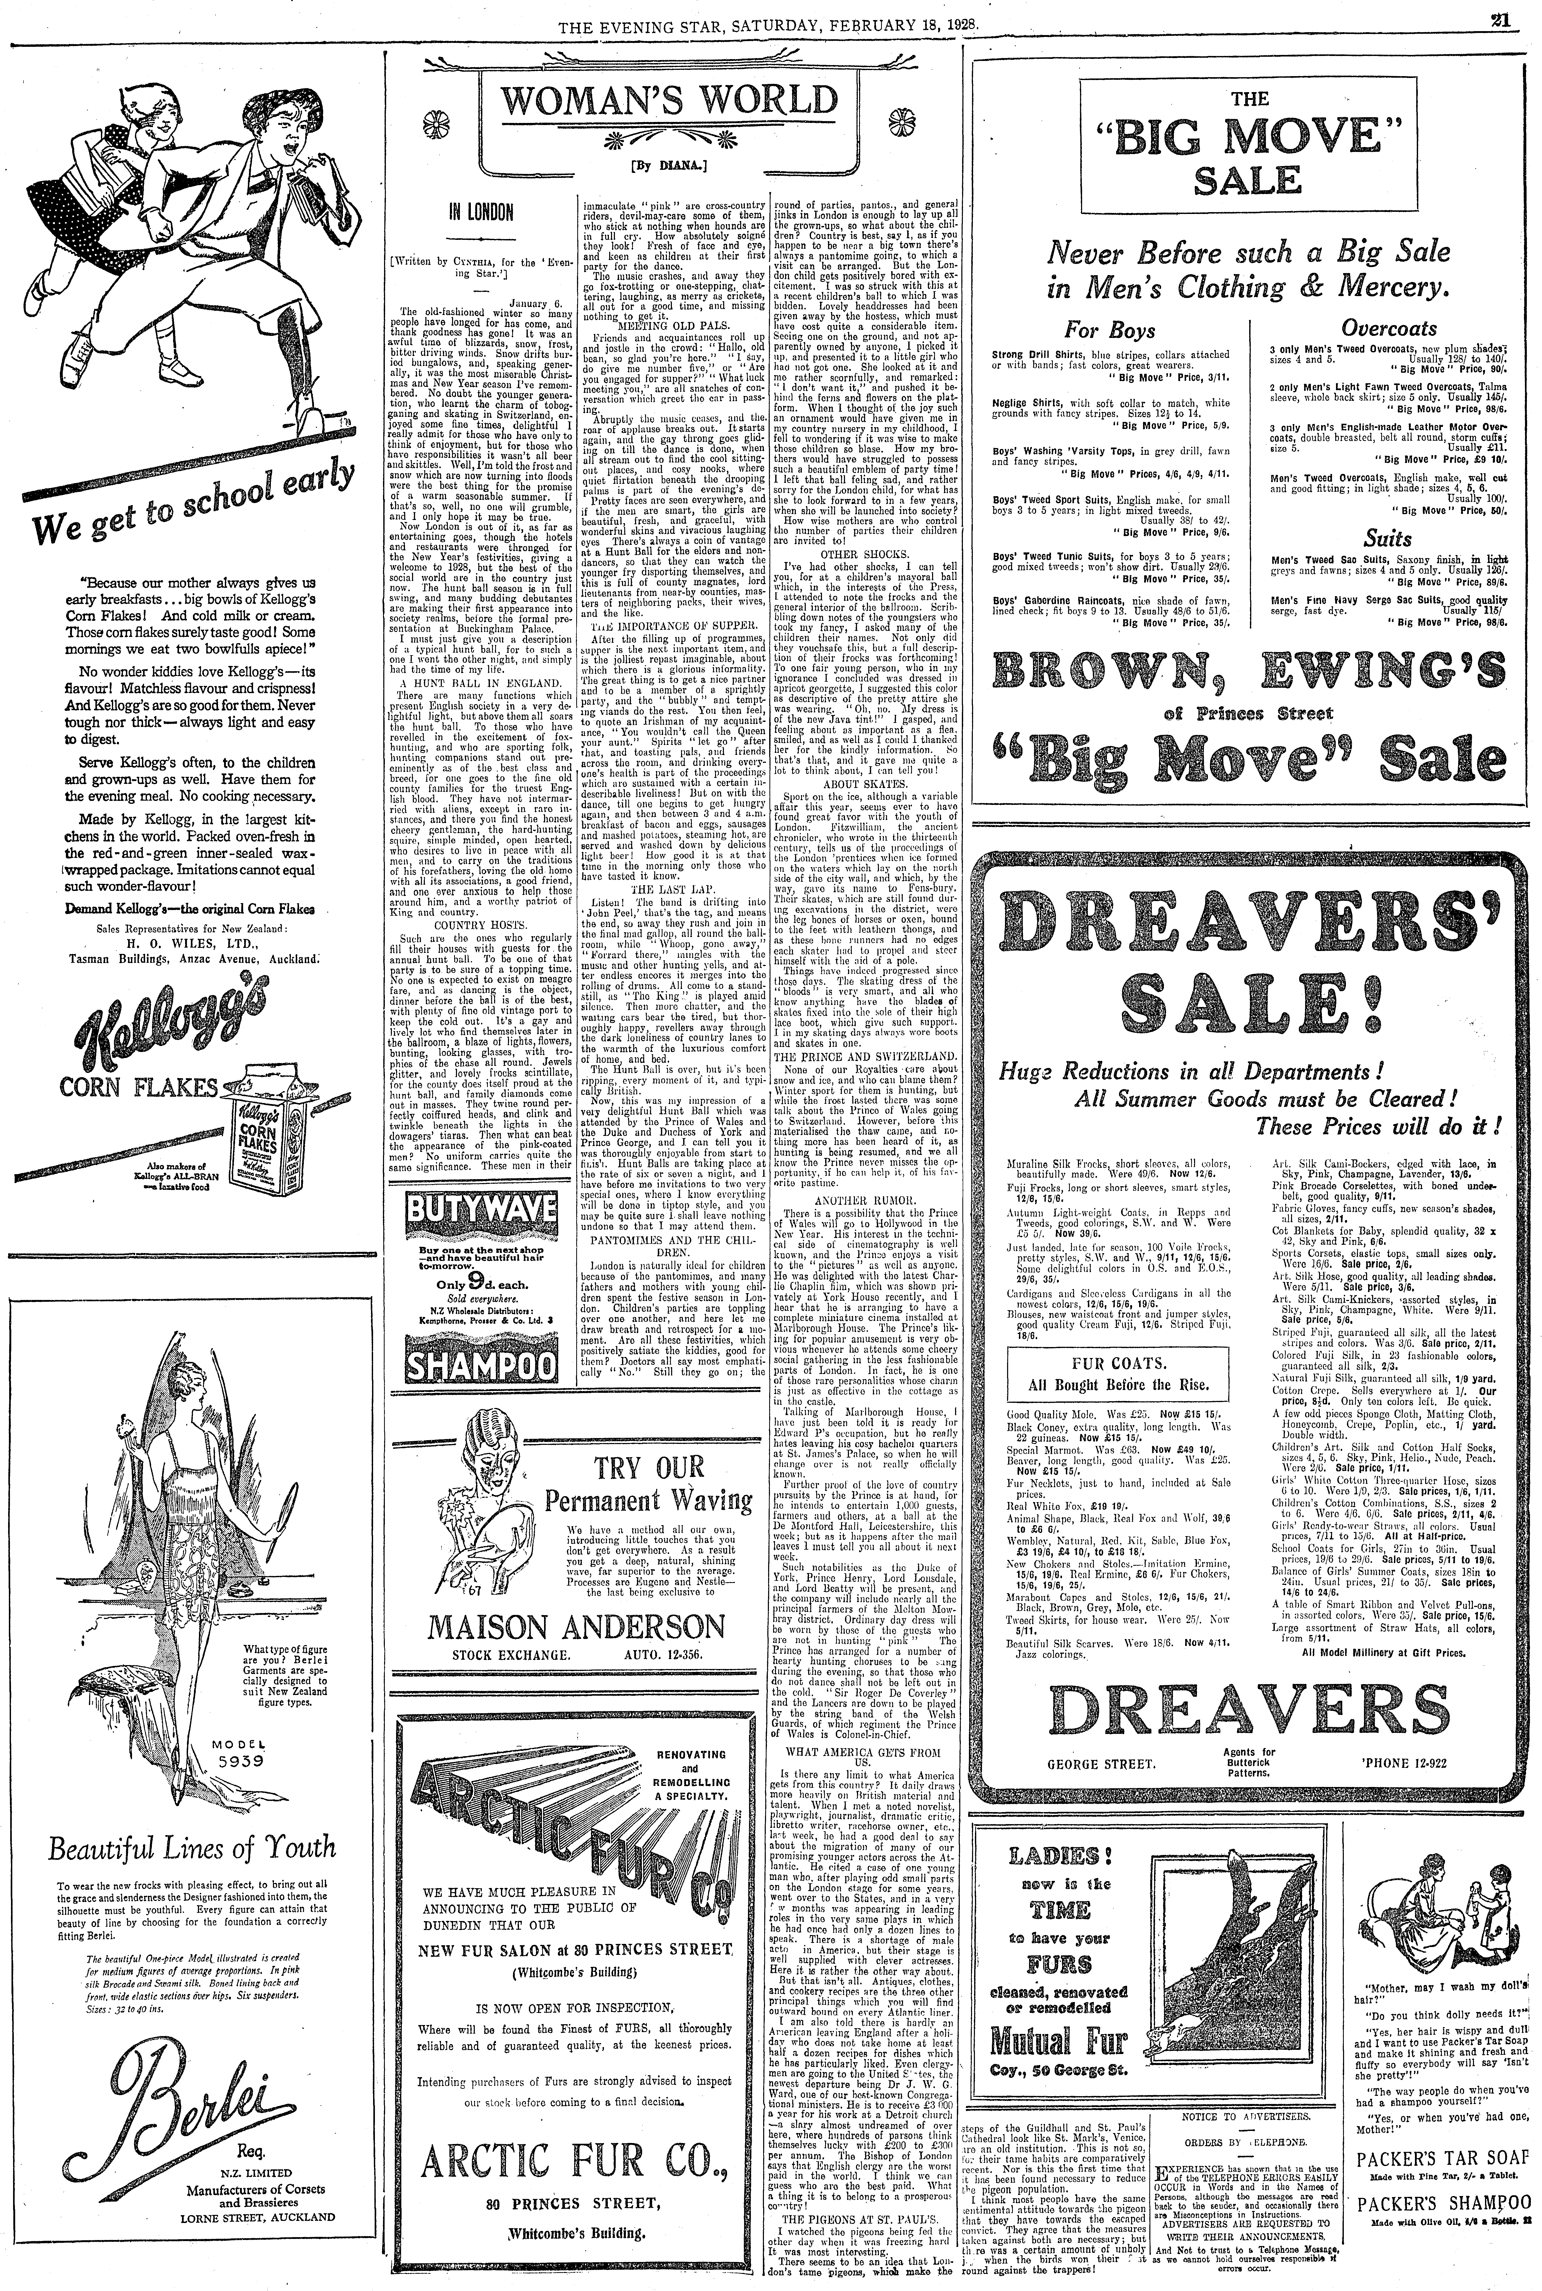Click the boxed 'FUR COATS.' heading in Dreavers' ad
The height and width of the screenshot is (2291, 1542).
point(1116,1364)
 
